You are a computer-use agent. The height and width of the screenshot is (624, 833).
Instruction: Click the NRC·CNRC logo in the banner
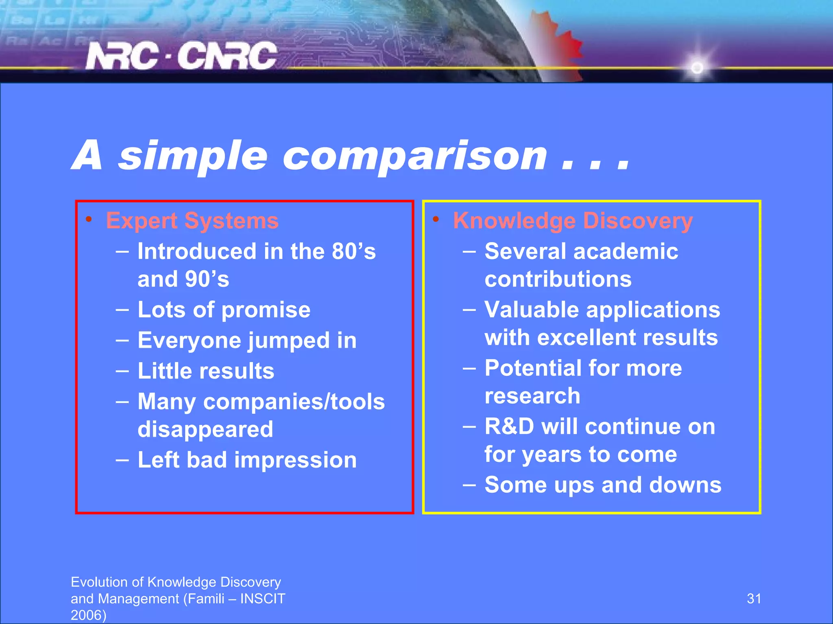[181, 56]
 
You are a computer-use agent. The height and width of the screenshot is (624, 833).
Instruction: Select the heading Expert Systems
[192, 221]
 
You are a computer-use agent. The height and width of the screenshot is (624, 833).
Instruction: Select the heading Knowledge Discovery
[573, 221]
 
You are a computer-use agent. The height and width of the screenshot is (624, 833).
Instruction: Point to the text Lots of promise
[224, 310]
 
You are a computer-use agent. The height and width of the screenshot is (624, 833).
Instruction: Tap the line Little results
[206, 371]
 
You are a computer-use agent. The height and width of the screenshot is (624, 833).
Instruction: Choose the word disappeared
[205, 429]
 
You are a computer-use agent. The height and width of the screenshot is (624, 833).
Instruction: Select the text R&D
[509, 427]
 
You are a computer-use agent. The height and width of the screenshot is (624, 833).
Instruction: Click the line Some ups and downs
[603, 485]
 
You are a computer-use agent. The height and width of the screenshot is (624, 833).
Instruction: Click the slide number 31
[754, 598]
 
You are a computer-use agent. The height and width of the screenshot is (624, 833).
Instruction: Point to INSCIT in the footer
[263, 599]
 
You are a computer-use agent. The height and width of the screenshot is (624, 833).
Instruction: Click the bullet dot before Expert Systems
[88, 220]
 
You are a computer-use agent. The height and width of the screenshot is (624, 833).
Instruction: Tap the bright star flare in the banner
[697, 67]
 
